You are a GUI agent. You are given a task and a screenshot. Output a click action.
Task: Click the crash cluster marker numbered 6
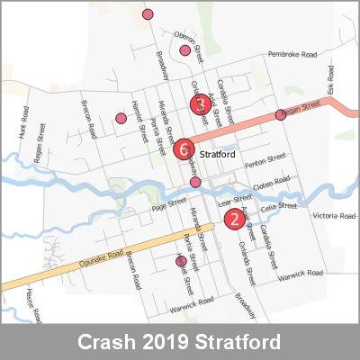coord(184,148)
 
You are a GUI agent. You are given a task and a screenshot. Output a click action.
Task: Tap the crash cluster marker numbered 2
coord(234,217)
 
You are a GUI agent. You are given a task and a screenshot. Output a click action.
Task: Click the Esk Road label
coord(330,87)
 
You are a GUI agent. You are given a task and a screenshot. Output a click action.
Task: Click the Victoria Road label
coord(334,216)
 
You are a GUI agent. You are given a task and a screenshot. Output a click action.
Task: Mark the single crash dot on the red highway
coord(281,114)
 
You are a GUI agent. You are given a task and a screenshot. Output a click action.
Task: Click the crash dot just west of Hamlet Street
coord(121,118)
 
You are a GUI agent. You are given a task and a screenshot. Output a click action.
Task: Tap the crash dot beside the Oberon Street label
coord(184,50)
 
